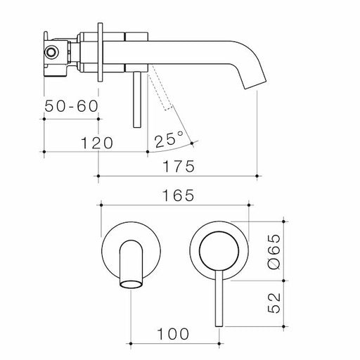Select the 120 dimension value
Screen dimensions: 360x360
96,143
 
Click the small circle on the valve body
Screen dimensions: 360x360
52,51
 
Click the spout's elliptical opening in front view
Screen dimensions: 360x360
131,283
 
